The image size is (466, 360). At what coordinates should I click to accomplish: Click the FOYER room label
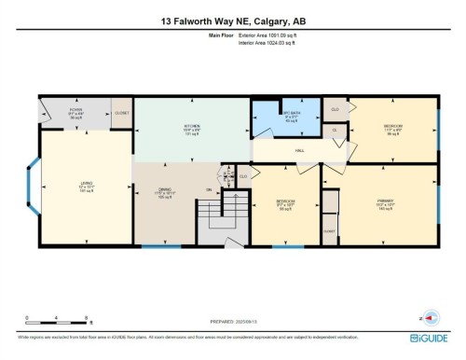tap(75, 112)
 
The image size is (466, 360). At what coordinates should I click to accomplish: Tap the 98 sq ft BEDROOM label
tap(285, 203)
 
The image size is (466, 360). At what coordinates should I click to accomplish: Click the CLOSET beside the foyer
tap(121, 113)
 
